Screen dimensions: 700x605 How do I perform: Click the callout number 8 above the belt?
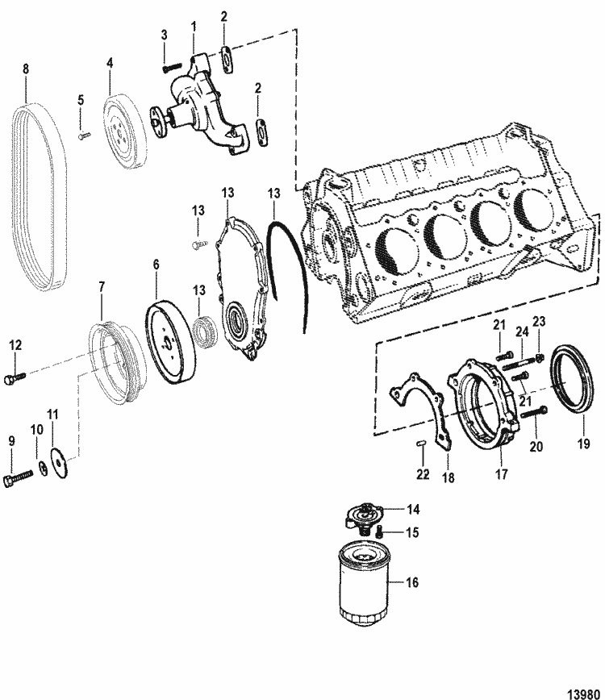pos(26,70)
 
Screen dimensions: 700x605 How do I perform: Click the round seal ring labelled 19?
pos(574,376)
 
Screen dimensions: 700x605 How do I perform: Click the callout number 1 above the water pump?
pos(194,27)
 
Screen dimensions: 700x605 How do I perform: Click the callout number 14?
pos(413,509)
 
